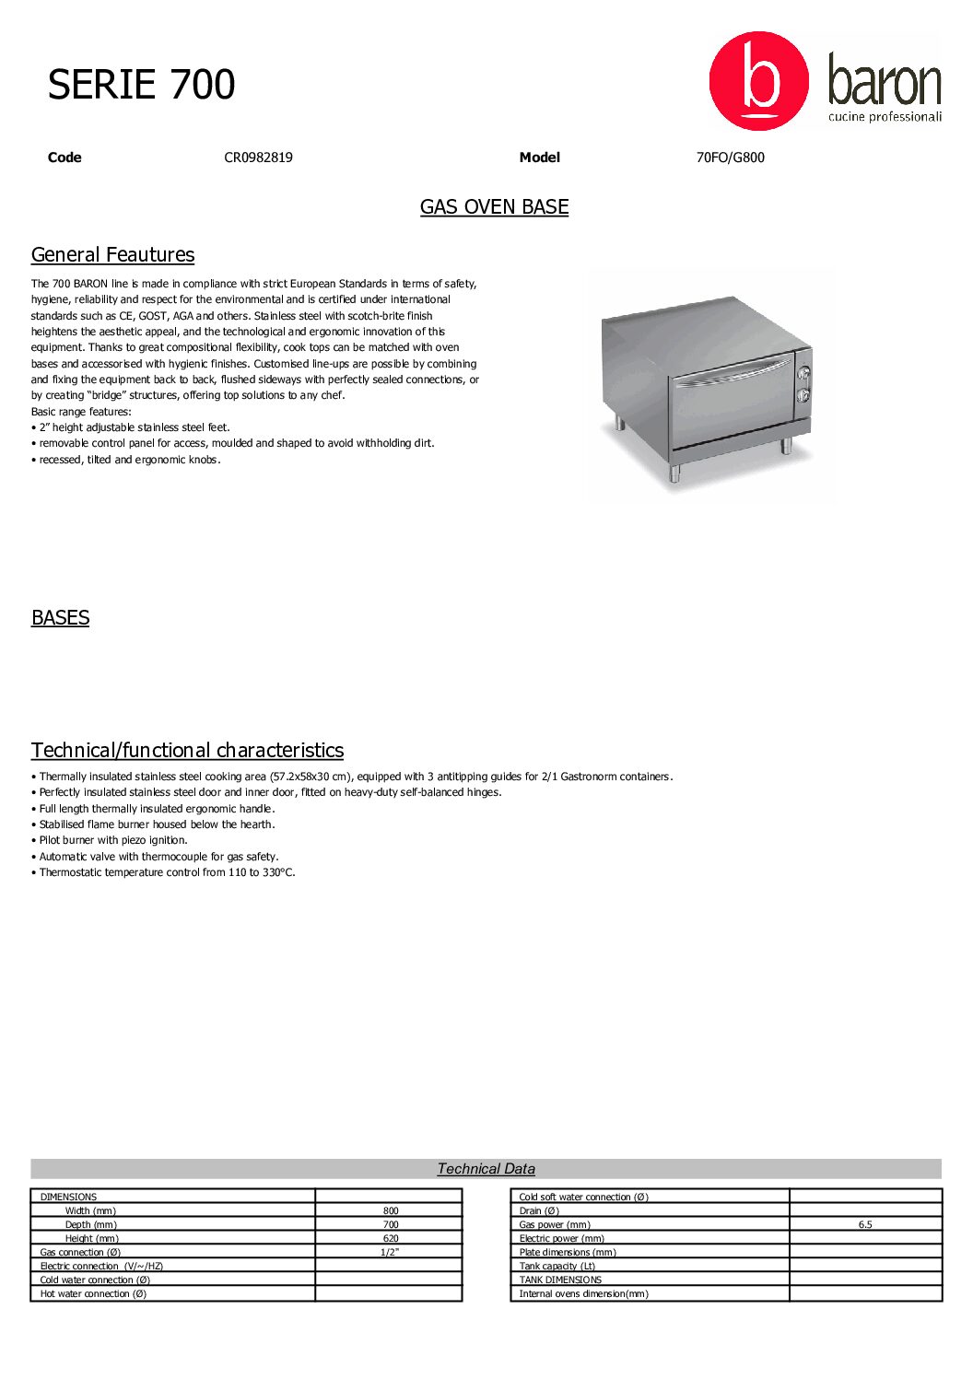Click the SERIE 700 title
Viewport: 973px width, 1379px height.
[141, 85]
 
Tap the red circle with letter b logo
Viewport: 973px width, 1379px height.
[758, 81]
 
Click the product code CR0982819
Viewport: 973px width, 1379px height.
[258, 158]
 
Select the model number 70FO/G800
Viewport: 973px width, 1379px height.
[730, 158]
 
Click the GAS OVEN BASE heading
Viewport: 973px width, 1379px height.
[494, 207]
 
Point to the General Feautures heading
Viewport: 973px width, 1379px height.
[112, 255]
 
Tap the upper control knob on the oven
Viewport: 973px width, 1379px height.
[803, 374]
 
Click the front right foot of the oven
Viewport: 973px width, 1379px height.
[786, 446]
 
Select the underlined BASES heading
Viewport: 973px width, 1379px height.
[60, 618]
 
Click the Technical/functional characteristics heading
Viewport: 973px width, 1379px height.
[187, 751]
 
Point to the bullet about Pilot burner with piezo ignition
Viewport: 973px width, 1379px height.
[112, 840]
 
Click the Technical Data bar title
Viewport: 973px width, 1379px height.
[486, 1169]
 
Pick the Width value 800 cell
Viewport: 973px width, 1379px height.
[391, 1211]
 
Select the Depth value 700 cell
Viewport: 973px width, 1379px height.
[391, 1225]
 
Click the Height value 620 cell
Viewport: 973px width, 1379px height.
[391, 1239]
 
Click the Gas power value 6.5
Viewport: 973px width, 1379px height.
[864, 1225]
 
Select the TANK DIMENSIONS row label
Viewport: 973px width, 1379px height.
[560, 1280]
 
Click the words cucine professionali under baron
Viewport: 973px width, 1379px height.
[884, 117]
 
